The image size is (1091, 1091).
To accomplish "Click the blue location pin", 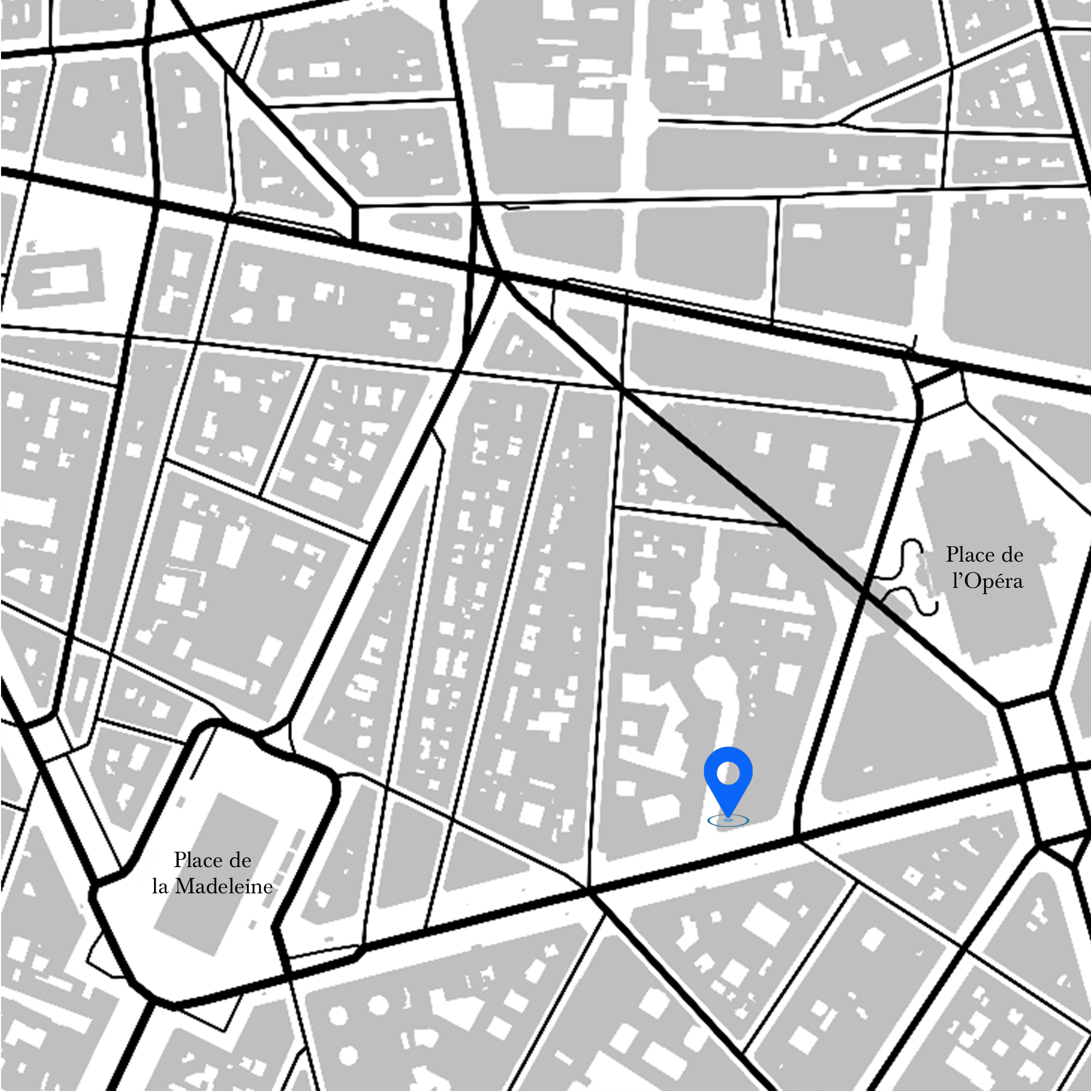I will [728, 780].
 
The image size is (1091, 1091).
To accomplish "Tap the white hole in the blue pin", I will [728, 773].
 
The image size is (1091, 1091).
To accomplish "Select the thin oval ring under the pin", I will [728, 820].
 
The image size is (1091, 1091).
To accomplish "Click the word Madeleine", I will [224, 886].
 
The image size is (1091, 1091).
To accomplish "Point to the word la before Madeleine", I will [160, 887].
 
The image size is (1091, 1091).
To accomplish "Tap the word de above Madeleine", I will [240, 860].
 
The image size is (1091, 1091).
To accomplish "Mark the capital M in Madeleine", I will [185, 886].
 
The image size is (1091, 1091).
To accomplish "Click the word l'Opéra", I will [987, 581].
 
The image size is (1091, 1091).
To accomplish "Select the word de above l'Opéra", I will [1012, 554].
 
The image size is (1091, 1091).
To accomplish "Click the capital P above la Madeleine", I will [180, 859].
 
